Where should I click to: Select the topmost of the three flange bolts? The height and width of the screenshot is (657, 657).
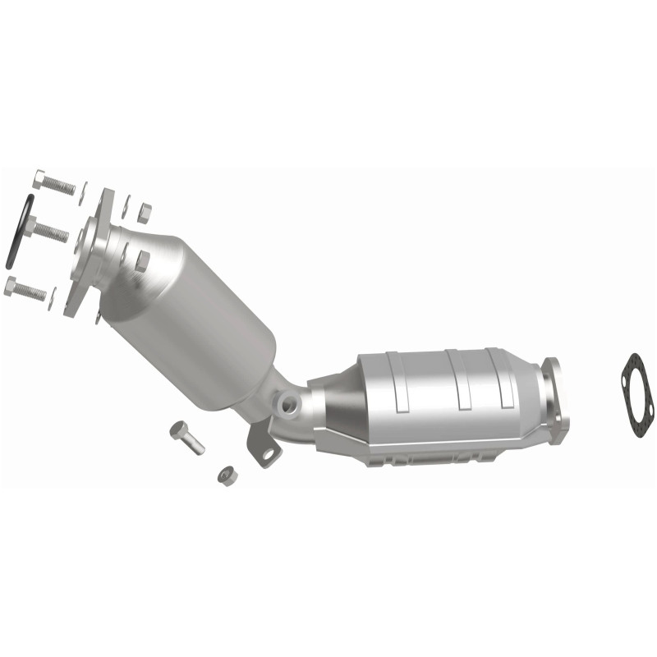(x=54, y=182)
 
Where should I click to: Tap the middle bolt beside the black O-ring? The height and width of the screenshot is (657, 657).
(x=48, y=229)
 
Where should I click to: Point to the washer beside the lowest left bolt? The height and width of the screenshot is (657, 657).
(x=52, y=298)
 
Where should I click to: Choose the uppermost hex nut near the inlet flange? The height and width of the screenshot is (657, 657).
(x=144, y=214)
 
